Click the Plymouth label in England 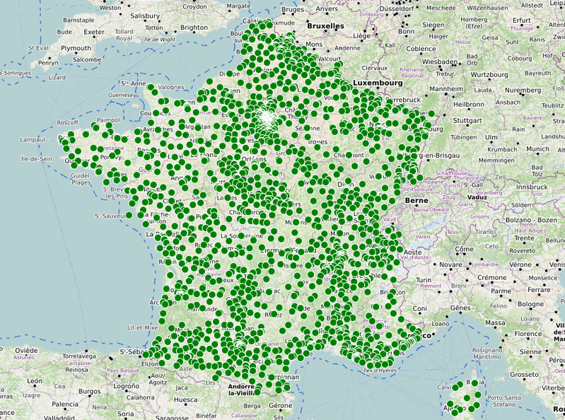pos(76,48)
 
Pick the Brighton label pos(194,28)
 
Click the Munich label pos(537,149)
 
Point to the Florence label pos(529,334)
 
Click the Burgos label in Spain pos(90,390)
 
